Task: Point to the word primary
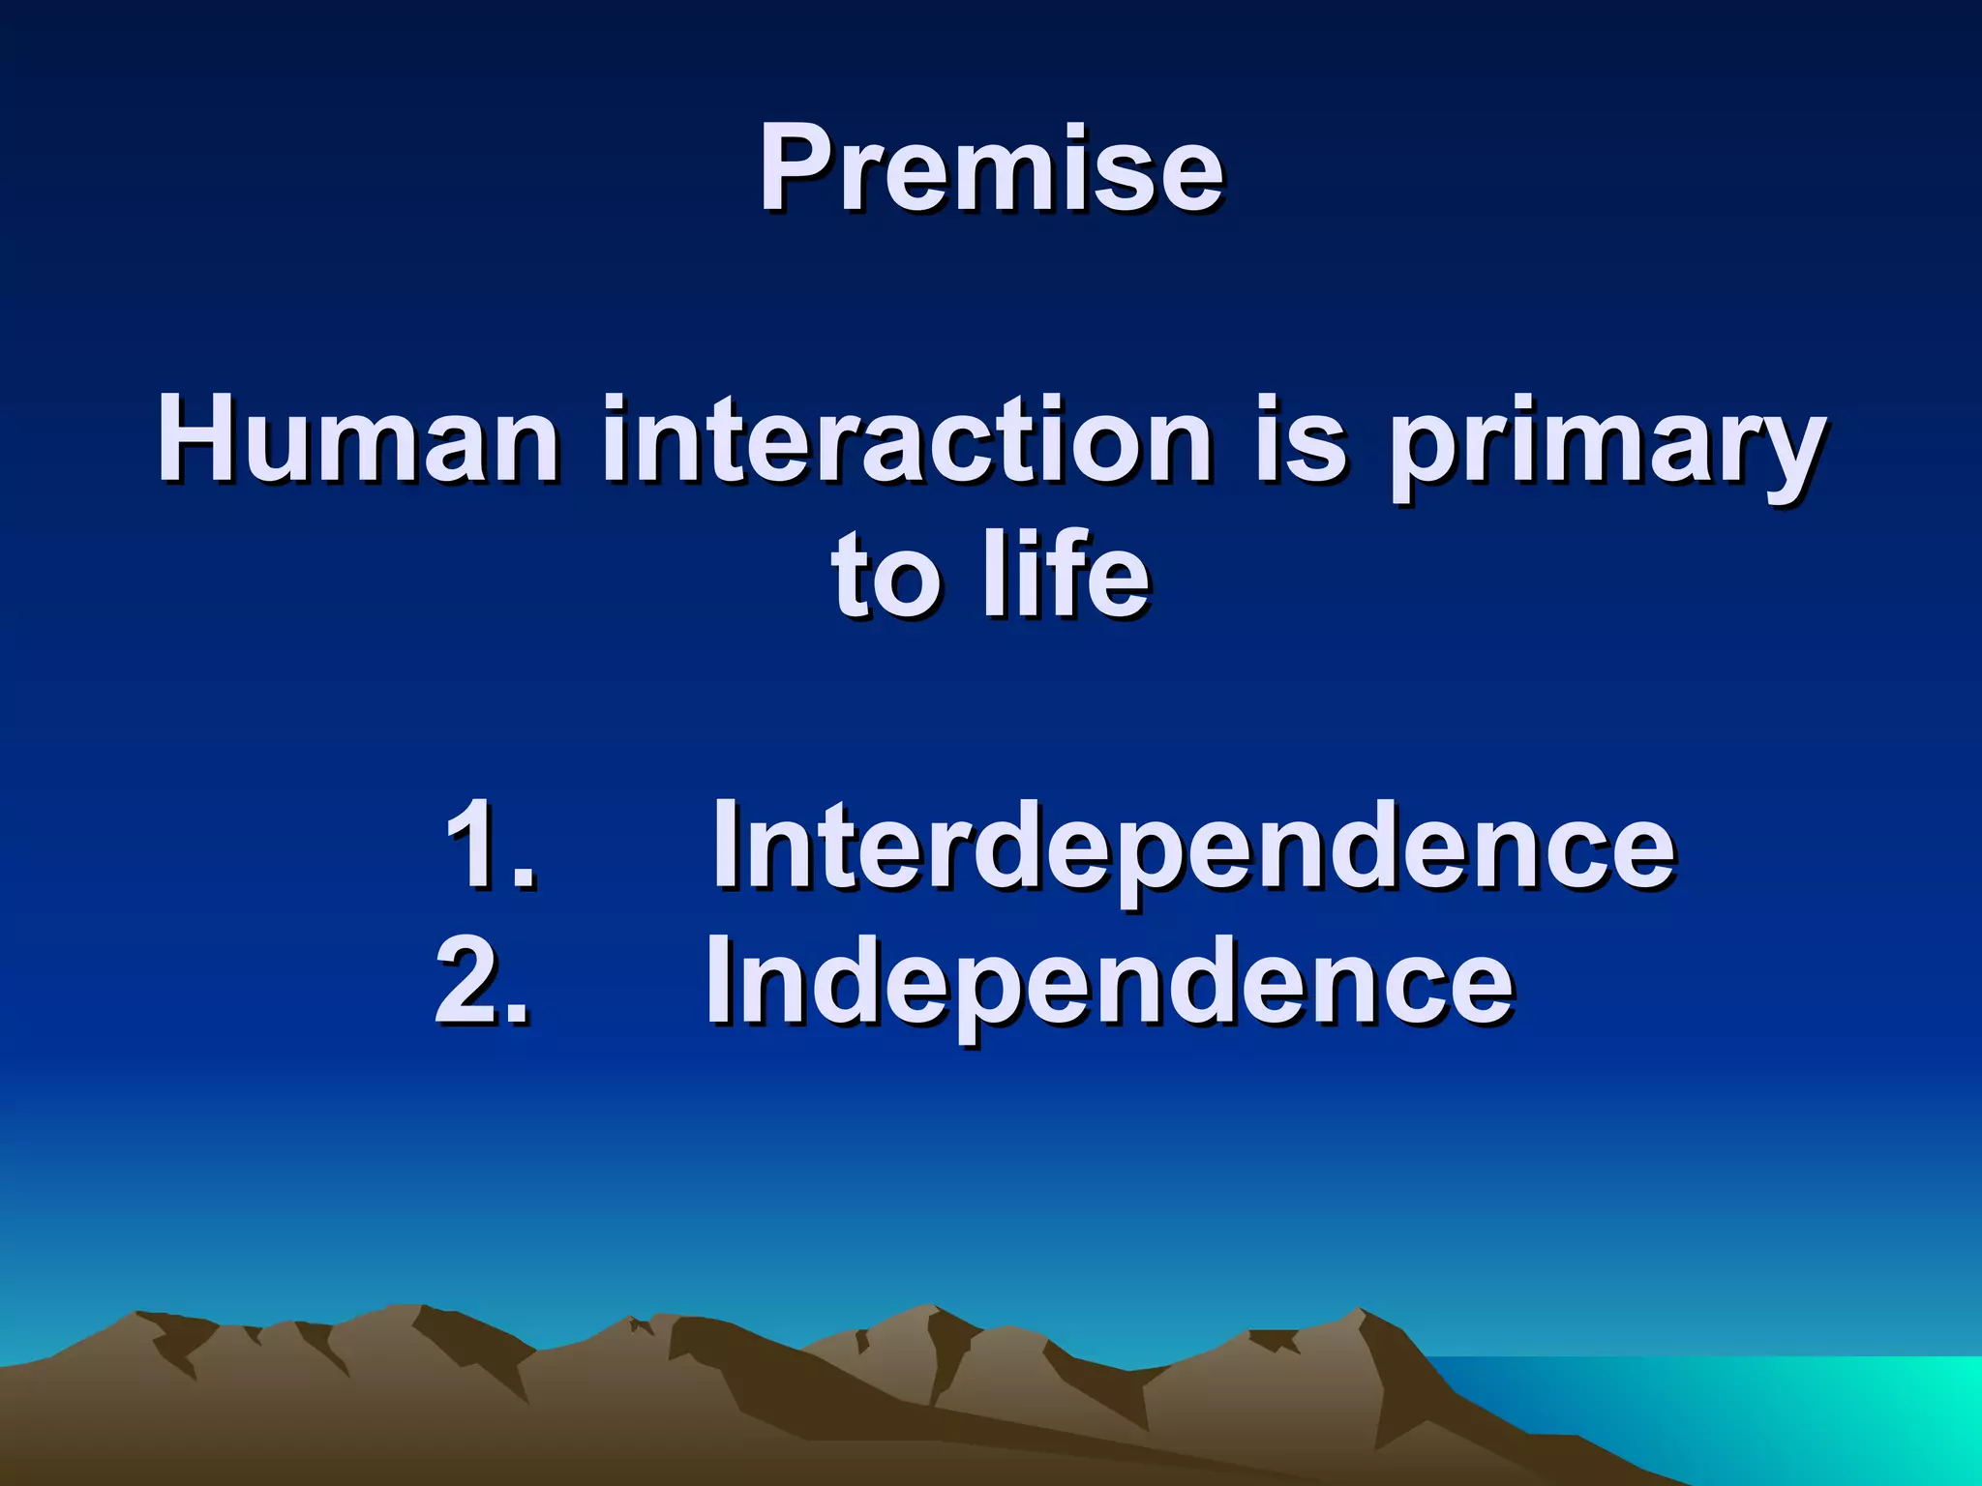pos(1607,445)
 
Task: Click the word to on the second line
pos(886,578)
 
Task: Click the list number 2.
pos(481,981)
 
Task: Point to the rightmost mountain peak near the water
pos(1360,1314)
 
